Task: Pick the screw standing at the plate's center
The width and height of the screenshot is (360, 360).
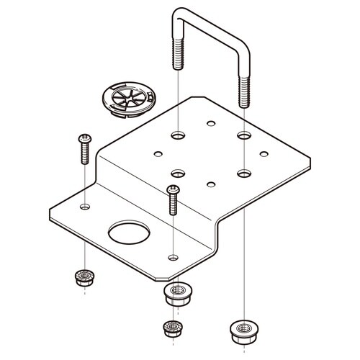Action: tap(173, 200)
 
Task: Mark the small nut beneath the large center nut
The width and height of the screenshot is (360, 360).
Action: tap(173, 328)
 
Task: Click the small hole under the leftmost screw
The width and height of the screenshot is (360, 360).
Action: tap(85, 207)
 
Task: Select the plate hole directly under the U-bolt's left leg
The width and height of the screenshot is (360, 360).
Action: tap(178, 134)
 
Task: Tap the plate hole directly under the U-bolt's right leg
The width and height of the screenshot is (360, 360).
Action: tap(243, 135)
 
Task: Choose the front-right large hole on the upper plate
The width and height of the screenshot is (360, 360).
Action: tap(243, 174)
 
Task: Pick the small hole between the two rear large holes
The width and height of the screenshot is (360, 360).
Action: tap(210, 123)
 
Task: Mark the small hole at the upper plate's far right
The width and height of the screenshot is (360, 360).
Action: tap(264, 153)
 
